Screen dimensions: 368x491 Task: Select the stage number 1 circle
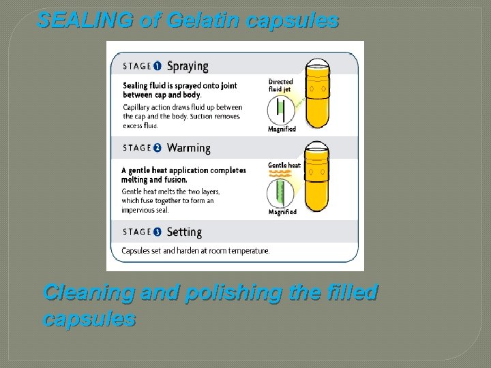click(x=158, y=66)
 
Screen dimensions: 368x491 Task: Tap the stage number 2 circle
click(x=158, y=148)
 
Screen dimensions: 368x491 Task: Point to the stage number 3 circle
click(x=158, y=232)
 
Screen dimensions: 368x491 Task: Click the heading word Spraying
click(x=188, y=66)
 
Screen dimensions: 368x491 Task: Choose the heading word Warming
click(x=189, y=148)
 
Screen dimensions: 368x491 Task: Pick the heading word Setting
click(x=184, y=232)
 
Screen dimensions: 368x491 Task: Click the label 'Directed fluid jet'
click(x=281, y=85)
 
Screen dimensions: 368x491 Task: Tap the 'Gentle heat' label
click(x=284, y=166)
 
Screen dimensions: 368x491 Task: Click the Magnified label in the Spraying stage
click(x=282, y=129)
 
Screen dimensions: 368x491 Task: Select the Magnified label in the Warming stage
click(x=282, y=212)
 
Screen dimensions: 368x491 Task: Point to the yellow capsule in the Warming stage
click(x=317, y=177)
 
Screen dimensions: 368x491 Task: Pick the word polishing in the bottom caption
click(x=230, y=292)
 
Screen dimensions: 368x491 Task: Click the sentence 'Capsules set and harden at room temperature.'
click(x=196, y=251)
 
